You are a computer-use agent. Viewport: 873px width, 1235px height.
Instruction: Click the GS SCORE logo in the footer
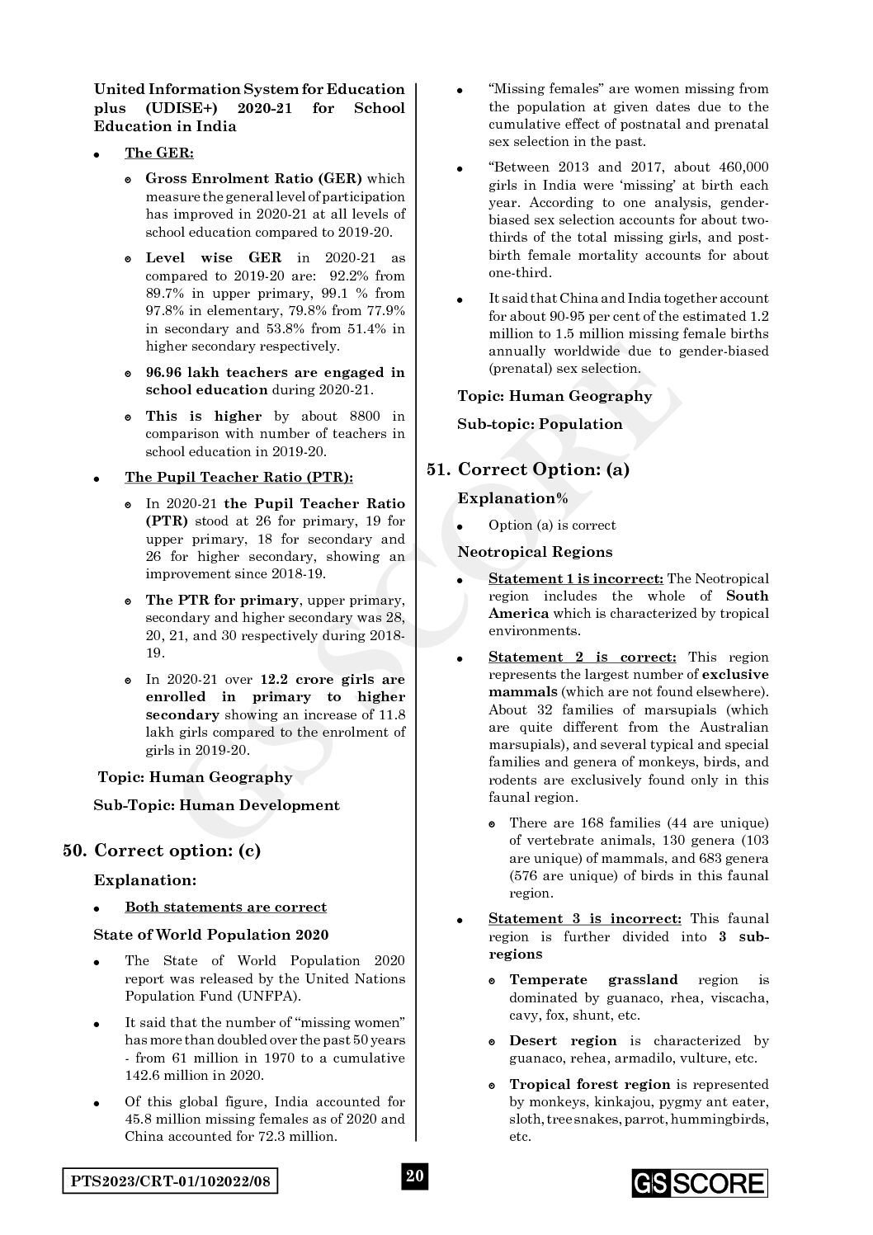(x=700, y=1183)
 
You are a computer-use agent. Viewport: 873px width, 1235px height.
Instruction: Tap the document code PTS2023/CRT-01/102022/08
(x=170, y=1182)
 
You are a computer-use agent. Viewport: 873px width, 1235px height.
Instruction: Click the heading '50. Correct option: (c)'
(x=162, y=851)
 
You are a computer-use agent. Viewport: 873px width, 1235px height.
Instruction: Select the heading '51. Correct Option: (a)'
(x=528, y=469)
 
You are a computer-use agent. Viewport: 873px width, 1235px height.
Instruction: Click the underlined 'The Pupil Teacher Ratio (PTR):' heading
(x=238, y=478)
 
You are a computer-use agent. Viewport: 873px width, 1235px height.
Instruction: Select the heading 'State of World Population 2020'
(x=210, y=935)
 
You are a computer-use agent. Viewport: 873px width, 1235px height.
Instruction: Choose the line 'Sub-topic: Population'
(x=540, y=424)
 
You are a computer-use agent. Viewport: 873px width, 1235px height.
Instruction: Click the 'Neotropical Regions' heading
(x=535, y=552)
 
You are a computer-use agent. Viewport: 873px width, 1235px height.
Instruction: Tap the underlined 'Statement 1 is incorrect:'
(x=575, y=579)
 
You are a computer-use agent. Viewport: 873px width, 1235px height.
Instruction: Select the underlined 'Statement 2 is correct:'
(x=582, y=658)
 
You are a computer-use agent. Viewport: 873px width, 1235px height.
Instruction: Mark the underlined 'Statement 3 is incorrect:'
(x=584, y=918)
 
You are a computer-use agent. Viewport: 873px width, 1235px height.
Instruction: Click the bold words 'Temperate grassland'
(x=593, y=980)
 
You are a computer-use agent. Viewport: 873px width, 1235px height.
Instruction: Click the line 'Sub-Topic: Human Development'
(x=216, y=805)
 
